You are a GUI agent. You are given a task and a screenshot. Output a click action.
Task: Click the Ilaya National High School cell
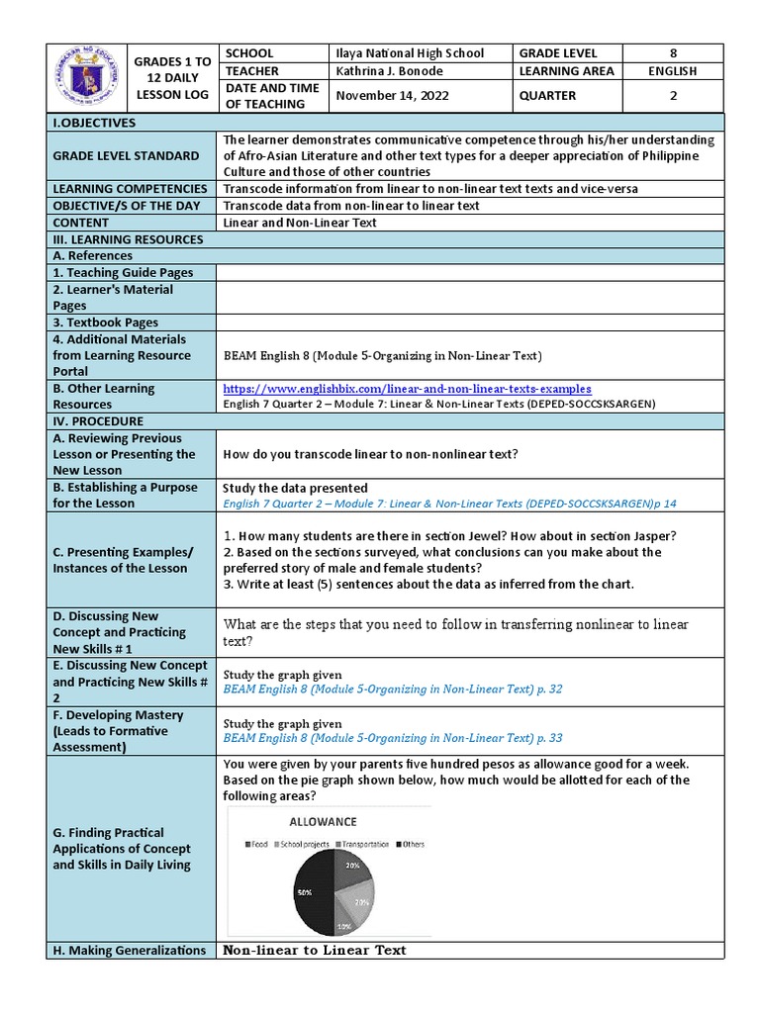pyautogui.click(x=407, y=52)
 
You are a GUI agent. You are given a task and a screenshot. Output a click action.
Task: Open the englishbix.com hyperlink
pyautogui.click(x=408, y=389)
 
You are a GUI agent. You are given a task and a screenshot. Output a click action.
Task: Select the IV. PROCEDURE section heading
pyautogui.click(x=96, y=421)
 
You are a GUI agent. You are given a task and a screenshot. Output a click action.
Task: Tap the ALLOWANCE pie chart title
pyautogui.click(x=323, y=821)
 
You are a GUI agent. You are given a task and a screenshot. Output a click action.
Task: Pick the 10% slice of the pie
pyautogui.click(x=343, y=925)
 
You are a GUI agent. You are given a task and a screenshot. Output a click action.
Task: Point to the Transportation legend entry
pyautogui.click(x=367, y=844)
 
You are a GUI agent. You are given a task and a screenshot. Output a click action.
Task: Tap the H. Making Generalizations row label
pyautogui.click(x=128, y=951)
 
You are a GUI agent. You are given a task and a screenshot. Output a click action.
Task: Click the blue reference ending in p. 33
pyautogui.click(x=393, y=738)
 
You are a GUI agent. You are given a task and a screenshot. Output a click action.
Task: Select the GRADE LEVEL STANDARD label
pyautogui.click(x=125, y=155)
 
